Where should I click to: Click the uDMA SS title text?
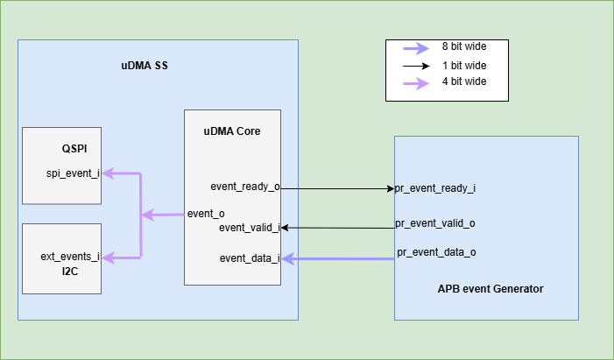coord(145,65)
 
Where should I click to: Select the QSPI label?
coord(74,148)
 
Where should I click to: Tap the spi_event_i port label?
coord(73,173)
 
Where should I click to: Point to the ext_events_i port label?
coord(70,257)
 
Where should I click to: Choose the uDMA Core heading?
coord(231,131)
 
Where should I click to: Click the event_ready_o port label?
coord(245,187)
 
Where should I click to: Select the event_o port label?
coord(207,214)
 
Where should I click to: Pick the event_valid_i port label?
coord(249,228)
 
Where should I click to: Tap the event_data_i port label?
coord(250,258)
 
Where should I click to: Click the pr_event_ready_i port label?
coord(435,188)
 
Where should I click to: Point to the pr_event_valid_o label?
coord(435,222)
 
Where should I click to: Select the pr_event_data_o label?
coord(436,253)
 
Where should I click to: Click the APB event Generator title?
coord(490,289)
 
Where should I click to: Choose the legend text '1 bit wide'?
coord(464,66)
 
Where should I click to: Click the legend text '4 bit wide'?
coord(464,82)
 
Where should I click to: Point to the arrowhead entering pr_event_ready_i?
coord(389,188)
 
